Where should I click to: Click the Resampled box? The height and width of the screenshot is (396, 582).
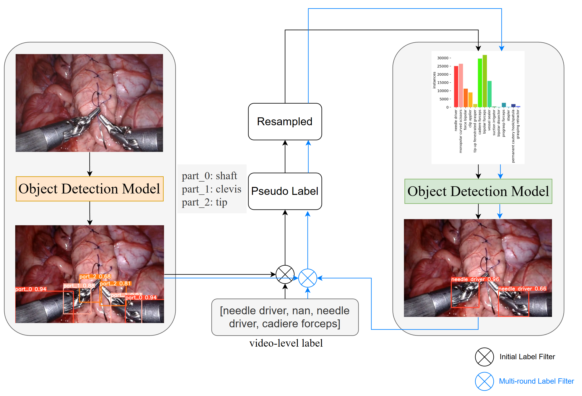(x=285, y=122)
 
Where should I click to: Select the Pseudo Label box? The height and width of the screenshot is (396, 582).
(x=285, y=191)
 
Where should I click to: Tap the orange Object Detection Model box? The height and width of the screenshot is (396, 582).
(x=90, y=189)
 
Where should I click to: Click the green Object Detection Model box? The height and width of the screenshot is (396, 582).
(x=478, y=191)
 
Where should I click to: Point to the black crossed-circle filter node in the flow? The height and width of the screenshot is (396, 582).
(x=285, y=274)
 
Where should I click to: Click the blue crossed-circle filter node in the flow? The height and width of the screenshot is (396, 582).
(x=307, y=278)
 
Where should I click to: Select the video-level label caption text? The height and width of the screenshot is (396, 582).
(x=286, y=343)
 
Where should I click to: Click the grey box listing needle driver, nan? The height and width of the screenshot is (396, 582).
(x=285, y=317)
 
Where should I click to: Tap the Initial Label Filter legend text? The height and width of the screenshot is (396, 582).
(x=527, y=356)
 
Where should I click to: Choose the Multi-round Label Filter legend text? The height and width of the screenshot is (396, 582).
(x=536, y=381)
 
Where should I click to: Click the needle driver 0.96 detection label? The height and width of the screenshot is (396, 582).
(x=475, y=279)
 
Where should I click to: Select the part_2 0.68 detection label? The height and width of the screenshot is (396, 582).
(x=95, y=276)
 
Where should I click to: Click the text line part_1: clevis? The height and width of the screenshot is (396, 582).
(x=211, y=189)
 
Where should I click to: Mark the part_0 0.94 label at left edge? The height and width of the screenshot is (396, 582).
(x=31, y=289)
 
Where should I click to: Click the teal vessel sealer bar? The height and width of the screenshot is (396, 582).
(x=489, y=94)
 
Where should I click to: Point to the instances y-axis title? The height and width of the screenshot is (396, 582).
(x=434, y=80)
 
